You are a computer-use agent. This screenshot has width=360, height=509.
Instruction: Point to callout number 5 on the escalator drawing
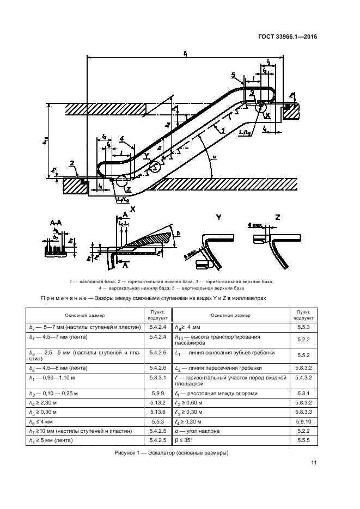coord(233,75)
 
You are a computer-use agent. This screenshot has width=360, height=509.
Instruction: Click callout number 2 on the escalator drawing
coord(72,163)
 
